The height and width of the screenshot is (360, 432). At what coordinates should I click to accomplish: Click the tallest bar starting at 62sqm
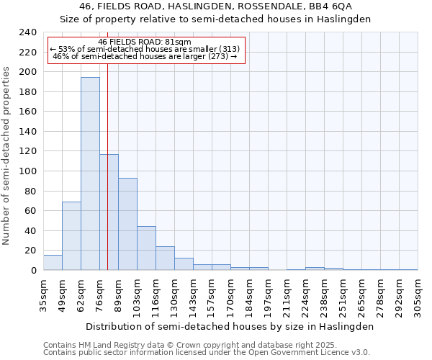click(x=90, y=174)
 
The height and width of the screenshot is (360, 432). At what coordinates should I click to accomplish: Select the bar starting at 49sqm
click(x=71, y=236)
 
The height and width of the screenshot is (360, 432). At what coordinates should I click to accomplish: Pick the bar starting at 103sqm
click(x=146, y=248)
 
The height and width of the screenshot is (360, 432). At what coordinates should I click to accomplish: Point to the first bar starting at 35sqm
click(x=53, y=263)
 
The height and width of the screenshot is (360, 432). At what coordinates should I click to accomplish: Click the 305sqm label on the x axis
click(x=418, y=295)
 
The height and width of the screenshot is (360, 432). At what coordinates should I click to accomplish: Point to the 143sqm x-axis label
click(x=193, y=295)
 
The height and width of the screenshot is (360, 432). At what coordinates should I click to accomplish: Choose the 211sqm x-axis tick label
click(x=287, y=295)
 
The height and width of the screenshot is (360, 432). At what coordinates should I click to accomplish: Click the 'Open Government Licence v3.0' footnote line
click(x=207, y=352)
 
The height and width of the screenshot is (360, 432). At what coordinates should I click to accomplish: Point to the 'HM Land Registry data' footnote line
click(x=207, y=345)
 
